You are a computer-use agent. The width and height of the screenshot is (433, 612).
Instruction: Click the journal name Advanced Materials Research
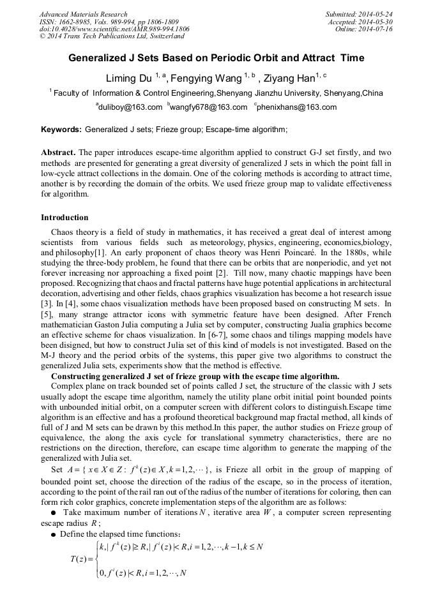(x=83, y=14)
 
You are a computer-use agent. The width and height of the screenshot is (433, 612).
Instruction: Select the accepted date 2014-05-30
(x=376, y=22)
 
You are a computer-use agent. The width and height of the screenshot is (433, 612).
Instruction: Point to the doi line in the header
(x=114, y=29)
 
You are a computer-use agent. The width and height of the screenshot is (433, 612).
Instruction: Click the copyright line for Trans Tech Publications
(x=112, y=36)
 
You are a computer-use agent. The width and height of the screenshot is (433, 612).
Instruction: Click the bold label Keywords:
(x=61, y=130)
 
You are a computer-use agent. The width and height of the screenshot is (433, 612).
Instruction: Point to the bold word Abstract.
(x=58, y=153)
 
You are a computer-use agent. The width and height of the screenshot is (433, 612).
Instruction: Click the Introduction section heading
(x=65, y=218)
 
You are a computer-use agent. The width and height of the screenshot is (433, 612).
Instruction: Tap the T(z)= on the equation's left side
(x=81, y=560)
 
